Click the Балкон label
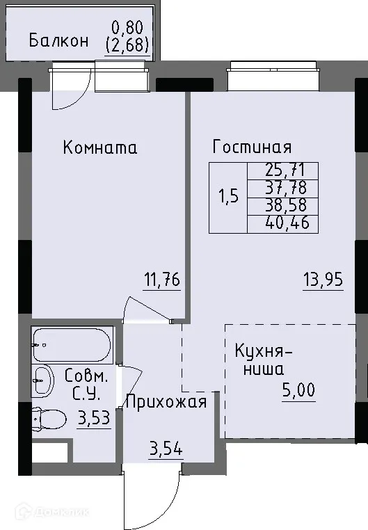(x=58, y=40)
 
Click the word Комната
(x=99, y=147)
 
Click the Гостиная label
(x=252, y=147)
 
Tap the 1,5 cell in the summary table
(x=228, y=196)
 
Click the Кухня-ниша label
(x=264, y=360)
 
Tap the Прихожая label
(x=166, y=401)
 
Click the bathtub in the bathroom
(x=71, y=342)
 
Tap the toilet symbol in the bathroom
(x=47, y=419)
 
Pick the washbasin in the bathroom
(x=44, y=379)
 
